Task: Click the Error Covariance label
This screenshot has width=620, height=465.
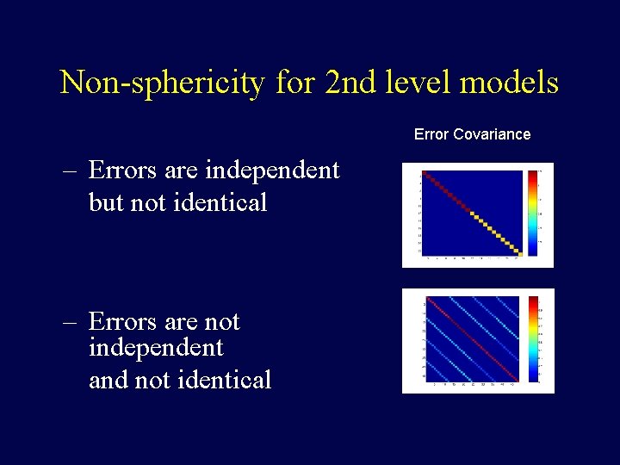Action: pos(472,134)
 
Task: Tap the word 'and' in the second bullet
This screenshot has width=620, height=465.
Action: pos(109,380)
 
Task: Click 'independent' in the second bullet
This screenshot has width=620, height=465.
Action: pos(156,349)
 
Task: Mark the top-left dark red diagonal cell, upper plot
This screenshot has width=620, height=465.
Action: pos(425,173)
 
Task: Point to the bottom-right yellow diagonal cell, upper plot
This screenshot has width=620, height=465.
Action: pos(518,252)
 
